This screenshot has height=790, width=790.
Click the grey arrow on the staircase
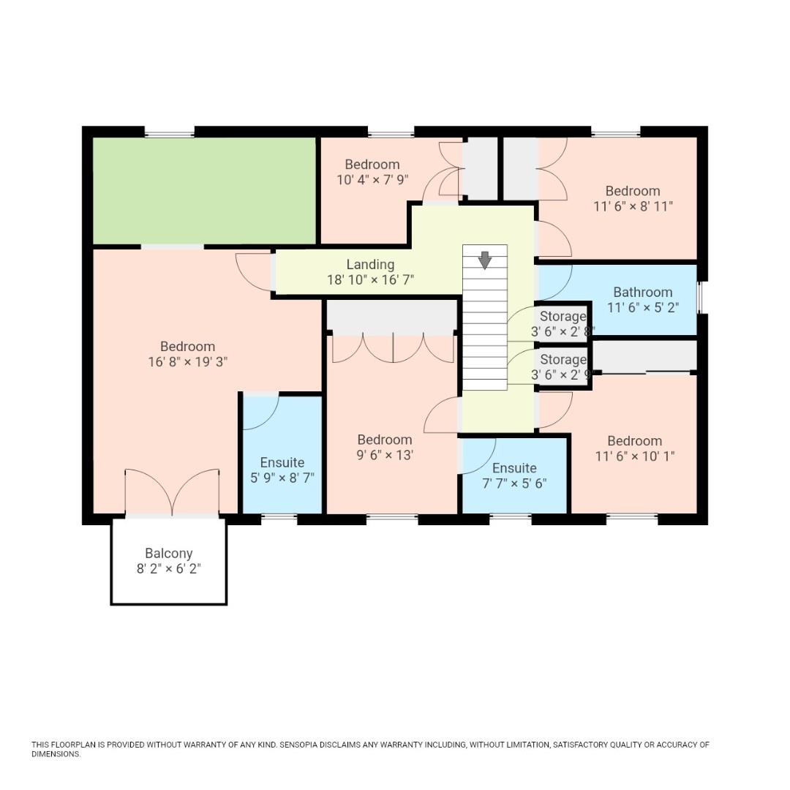click(x=484, y=260)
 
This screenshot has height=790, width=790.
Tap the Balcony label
click(x=168, y=554)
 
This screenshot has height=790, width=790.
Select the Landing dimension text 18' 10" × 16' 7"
click(x=370, y=279)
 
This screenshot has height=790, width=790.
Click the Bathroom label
click(x=642, y=292)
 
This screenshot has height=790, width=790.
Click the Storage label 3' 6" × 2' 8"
click(x=563, y=317)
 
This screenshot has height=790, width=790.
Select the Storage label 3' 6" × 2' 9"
click(x=563, y=360)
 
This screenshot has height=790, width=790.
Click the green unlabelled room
click(x=204, y=190)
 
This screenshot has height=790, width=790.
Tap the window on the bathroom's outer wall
click(x=699, y=297)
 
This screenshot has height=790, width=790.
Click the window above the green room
click(x=169, y=132)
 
